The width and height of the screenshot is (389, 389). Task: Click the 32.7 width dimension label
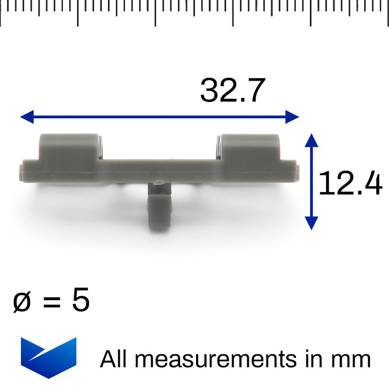coord(233,90)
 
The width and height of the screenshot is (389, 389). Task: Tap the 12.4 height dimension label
coord(350,183)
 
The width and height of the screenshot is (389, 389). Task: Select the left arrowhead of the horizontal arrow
coord(27,117)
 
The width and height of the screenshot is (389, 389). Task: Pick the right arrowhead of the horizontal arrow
coord(292,117)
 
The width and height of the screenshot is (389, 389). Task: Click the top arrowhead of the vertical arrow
coord(311,141)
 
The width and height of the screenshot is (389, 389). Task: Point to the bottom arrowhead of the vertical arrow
coord(311,223)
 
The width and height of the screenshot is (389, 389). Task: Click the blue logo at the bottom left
coord(48,358)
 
